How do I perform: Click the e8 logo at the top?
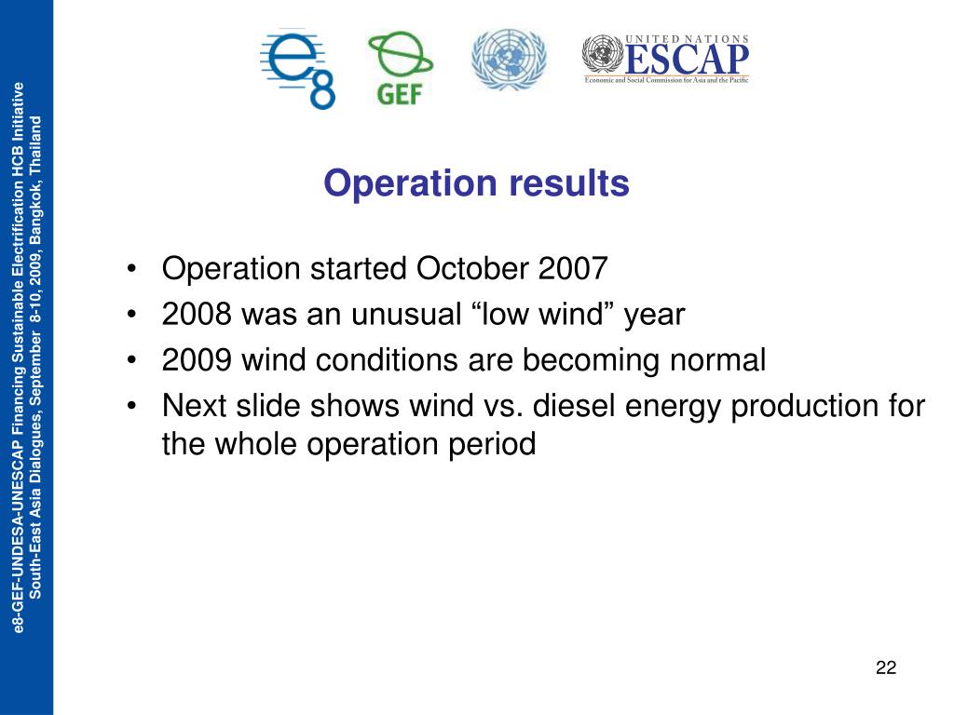[x=297, y=69]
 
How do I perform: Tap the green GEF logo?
[x=401, y=68]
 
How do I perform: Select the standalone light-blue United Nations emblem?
[x=510, y=60]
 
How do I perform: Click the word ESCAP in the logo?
[x=687, y=59]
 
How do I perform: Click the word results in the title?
[x=569, y=182]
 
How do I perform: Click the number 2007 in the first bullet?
[x=573, y=268]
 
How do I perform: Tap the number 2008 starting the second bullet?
[x=197, y=315]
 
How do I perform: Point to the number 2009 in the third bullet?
[x=197, y=360]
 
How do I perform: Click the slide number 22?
[x=886, y=668]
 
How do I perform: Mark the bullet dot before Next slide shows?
[x=130, y=406]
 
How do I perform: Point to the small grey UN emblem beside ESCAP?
[x=603, y=55]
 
